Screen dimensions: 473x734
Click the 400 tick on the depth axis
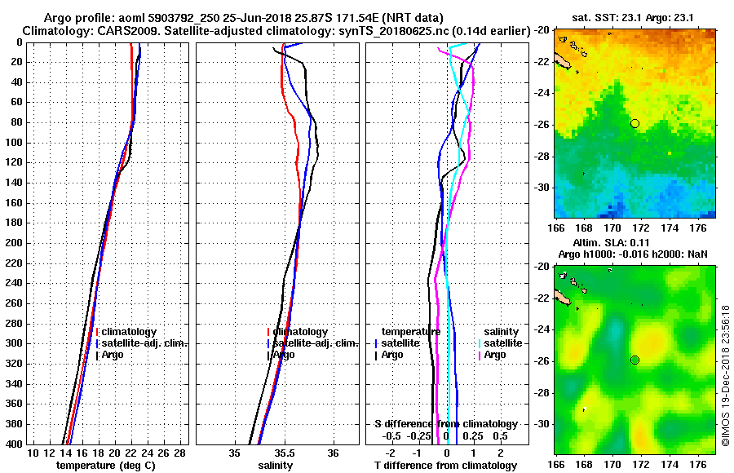point(15,444)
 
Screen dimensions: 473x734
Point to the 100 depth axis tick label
point(15,143)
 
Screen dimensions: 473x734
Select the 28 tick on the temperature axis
point(180,453)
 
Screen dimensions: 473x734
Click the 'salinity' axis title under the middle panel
point(276,465)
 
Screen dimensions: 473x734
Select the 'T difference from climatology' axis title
point(445,465)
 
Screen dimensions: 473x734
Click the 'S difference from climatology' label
point(445,424)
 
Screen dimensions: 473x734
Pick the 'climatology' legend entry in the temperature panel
point(129,332)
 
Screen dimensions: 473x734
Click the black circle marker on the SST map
point(635,123)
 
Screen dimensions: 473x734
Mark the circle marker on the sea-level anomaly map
point(635,360)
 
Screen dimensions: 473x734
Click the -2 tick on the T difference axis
point(391,453)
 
